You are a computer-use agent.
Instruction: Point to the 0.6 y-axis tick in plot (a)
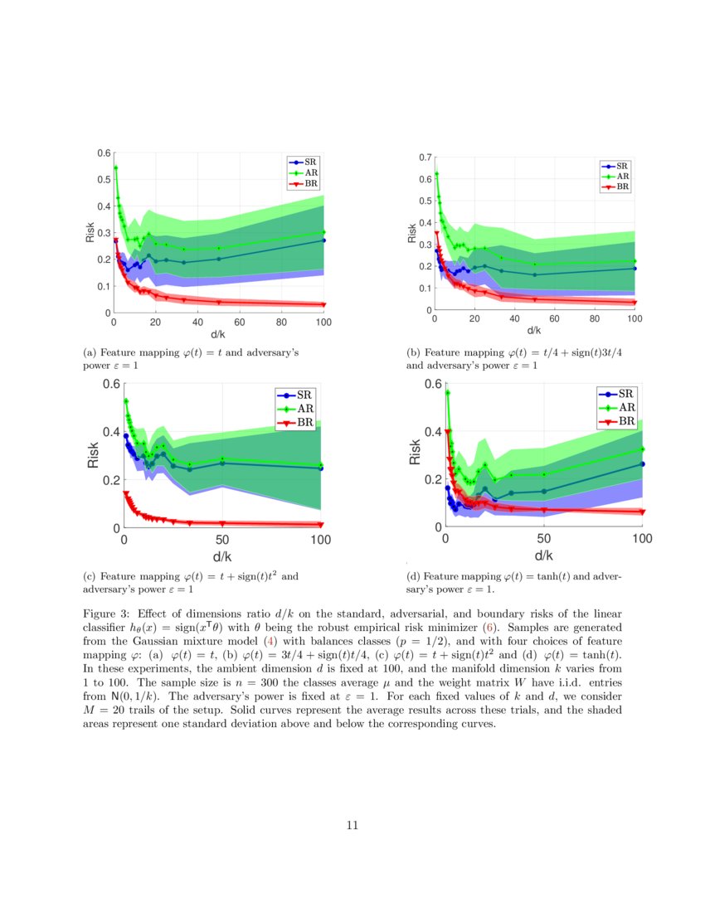point(105,153)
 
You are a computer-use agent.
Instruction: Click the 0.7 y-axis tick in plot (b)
point(425,157)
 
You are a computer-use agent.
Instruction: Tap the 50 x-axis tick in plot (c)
point(222,540)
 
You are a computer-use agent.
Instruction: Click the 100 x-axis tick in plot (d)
point(641,540)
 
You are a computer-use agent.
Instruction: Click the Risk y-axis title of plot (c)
point(94,455)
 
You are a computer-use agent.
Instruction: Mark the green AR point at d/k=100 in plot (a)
point(323,232)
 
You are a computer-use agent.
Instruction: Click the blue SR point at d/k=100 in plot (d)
point(642,464)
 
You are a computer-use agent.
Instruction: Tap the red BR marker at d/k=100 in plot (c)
point(321,524)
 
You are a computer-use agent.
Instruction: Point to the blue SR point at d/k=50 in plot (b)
point(535,274)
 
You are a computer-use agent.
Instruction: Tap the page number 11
point(352,825)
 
